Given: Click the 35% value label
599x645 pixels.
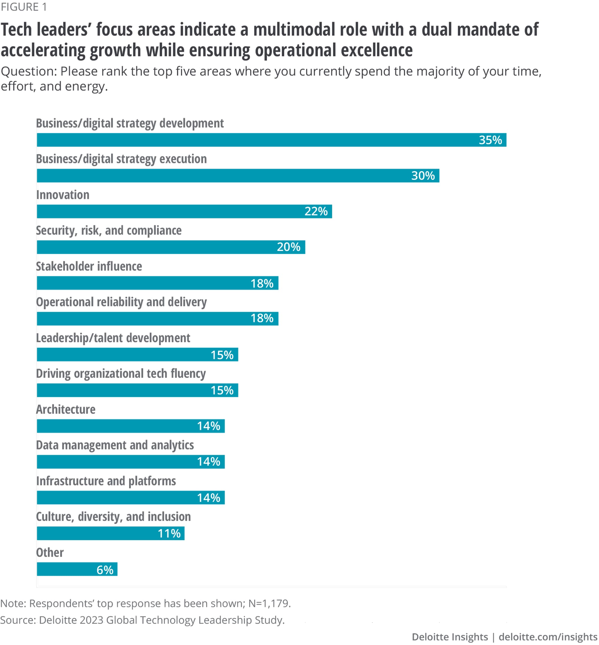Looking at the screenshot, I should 490,140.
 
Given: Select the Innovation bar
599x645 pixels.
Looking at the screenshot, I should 184,212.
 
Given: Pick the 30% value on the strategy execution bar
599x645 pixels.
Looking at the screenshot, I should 423,176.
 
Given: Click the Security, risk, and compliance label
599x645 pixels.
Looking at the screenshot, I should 109,231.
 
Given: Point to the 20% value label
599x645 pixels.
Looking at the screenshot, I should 288,247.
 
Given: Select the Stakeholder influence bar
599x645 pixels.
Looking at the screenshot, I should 158,283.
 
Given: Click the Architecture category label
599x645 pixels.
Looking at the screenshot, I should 66,410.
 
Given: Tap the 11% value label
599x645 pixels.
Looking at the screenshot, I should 169,534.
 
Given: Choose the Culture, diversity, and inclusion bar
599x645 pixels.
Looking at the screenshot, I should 111,534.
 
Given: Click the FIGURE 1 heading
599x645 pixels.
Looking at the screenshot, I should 24,7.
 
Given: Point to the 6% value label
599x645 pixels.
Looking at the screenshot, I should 105,570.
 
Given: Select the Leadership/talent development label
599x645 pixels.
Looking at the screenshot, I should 113,338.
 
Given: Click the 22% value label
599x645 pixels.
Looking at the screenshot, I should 316,212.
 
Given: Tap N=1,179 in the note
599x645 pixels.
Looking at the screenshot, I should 269,603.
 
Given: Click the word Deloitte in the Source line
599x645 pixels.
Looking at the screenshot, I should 58,620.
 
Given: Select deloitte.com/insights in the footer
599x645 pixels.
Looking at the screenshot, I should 548,637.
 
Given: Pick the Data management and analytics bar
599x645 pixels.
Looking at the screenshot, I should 131,462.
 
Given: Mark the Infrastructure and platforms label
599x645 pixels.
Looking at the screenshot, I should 106,481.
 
